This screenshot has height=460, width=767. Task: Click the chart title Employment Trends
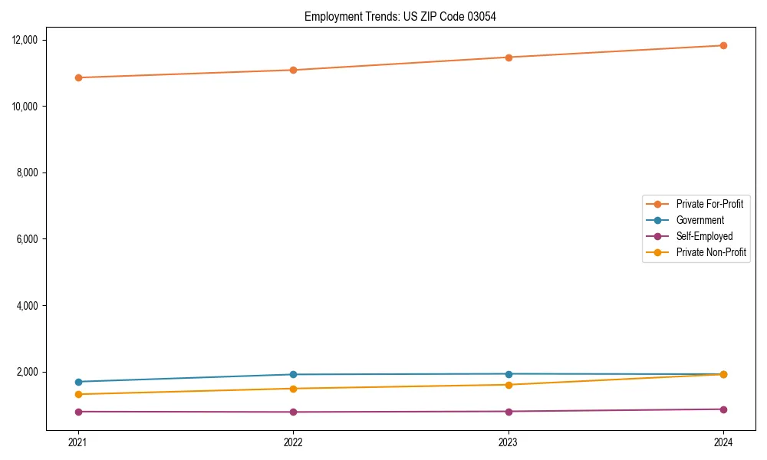coord(400,16)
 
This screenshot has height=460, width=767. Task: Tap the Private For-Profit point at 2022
coord(293,70)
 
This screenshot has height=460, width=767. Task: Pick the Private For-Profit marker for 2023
coord(509,58)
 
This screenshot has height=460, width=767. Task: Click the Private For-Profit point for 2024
coord(723,45)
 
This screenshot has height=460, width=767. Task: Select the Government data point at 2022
coord(293,374)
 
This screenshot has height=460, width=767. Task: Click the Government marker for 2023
coord(509,373)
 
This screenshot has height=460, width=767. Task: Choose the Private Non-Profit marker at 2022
coord(293,389)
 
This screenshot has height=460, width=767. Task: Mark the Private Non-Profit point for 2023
coord(509,385)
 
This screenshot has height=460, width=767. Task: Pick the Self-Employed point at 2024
coord(723,409)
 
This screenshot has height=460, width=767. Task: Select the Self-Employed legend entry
coord(704,236)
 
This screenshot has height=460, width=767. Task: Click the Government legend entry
coord(700,220)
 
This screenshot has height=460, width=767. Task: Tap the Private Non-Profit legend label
coord(711,252)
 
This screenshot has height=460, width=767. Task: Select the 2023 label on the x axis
coord(509,442)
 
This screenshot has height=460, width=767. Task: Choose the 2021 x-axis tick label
coord(77,442)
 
